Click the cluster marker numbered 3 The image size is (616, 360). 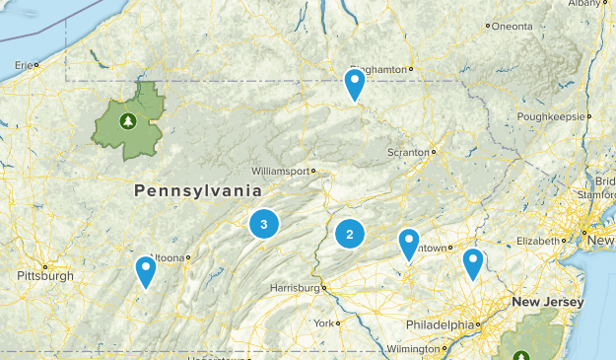pos(264,224)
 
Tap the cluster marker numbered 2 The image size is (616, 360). pos(349,234)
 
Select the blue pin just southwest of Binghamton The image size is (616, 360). pos(355,84)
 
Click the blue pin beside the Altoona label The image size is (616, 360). pos(146,269)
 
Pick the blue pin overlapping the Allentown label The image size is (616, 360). pos(409,243)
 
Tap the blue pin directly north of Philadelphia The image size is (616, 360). pos(473,262)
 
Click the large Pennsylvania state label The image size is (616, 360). pos(191,189)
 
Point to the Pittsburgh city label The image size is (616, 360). pos(45,276)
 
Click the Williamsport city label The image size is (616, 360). pos(281,171)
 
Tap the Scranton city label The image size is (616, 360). pos(407,153)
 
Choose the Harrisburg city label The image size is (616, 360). pos(295,288)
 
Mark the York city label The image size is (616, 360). pos(323,323)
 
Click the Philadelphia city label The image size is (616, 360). pos(440,324)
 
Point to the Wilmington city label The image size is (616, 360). pos(413,349)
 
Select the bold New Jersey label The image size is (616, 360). pos(548,302)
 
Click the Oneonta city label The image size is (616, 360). pos(512,26)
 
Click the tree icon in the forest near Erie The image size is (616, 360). pos(127,121)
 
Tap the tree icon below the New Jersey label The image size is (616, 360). pos(520,355)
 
